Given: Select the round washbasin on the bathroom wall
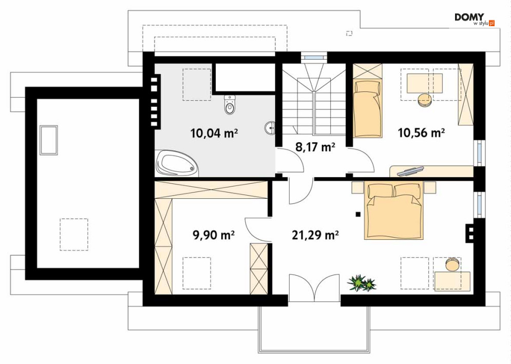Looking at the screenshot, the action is (271, 128).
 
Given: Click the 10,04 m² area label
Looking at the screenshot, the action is (214, 133).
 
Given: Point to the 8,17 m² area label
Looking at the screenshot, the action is (315, 147).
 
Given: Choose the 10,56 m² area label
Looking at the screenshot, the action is (422, 132).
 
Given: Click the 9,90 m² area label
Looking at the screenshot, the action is (214, 235).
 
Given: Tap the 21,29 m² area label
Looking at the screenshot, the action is (315, 235).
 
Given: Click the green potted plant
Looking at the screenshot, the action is (362, 282).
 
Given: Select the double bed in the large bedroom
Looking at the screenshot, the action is (394, 210).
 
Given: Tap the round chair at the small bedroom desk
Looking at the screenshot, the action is (425, 100).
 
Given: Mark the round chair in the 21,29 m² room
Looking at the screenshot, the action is (452, 264).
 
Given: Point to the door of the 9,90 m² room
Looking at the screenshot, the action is (257, 229).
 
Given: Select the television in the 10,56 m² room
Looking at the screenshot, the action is (410, 171).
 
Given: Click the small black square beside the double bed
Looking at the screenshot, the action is (358, 214).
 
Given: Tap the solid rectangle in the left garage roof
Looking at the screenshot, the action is (49, 140).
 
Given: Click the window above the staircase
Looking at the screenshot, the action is (313, 57).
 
